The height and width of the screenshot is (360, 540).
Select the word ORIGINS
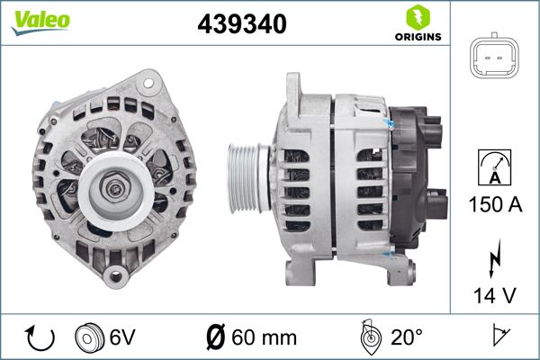[x=417, y=37]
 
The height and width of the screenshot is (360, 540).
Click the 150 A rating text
[x=494, y=205]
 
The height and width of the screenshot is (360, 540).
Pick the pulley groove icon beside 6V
[x=90, y=337]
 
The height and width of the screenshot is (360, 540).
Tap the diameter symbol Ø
[x=216, y=337]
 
